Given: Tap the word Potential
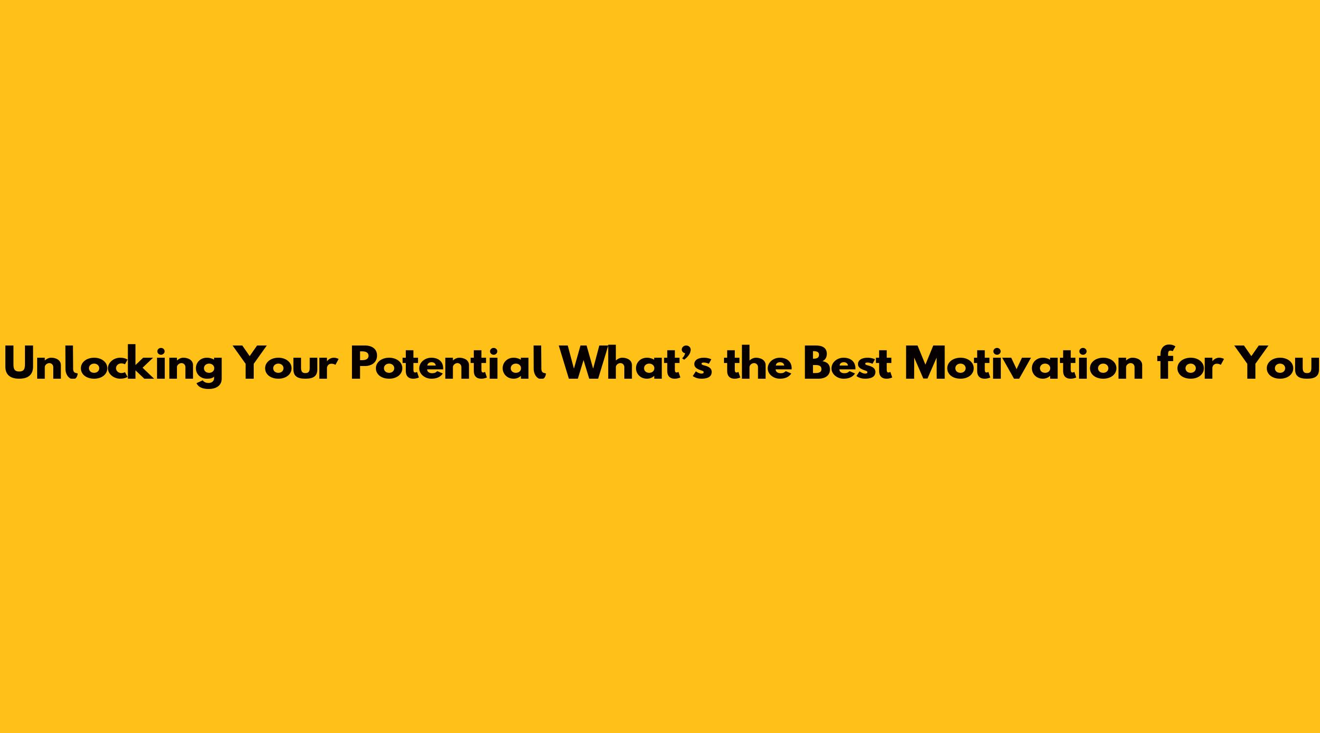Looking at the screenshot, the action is tap(448, 363).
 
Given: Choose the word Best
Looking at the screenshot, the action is tap(848, 364).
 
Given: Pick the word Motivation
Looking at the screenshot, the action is tap(1023, 364).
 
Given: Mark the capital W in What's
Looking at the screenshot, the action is tap(584, 364).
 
